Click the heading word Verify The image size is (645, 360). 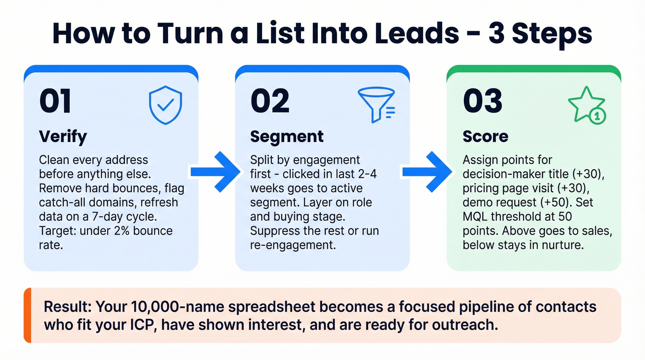[x=63, y=136]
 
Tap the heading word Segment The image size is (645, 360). [x=287, y=136]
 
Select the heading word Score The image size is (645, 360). [x=485, y=136]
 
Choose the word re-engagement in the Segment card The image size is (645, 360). [x=292, y=245]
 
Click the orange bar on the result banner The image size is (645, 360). [x=27, y=315]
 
